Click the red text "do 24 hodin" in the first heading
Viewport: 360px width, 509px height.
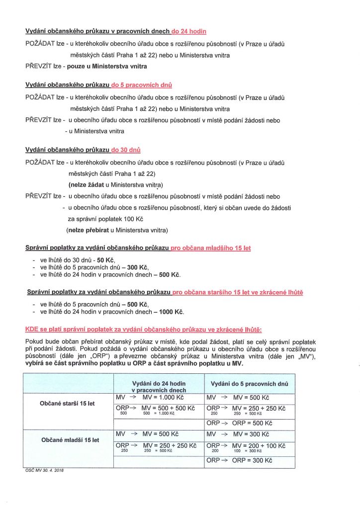pos(188,32)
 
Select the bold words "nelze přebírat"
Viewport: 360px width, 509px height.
pos(87,230)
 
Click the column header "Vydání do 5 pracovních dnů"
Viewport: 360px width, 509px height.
pos(249,384)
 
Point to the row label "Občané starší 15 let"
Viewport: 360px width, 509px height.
pos(67,404)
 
